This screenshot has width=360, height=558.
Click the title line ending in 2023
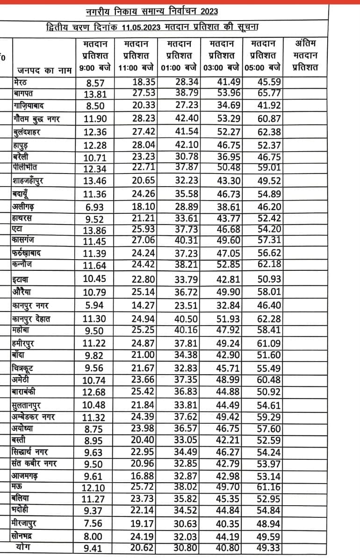[151, 11]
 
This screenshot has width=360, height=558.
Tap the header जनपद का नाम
[44, 70]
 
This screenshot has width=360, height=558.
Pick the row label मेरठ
[22, 82]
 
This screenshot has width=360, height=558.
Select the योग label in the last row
[23, 546]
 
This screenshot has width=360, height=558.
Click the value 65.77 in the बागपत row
[269, 93]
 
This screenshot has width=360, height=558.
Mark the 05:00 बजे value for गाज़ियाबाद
[269, 106]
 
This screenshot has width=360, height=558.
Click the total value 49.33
[269, 548]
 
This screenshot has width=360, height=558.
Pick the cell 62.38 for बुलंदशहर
[269, 132]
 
